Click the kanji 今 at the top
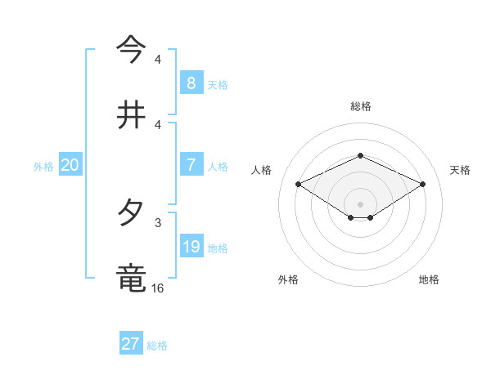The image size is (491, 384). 132,50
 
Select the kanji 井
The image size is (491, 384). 132,114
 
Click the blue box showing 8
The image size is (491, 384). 191,83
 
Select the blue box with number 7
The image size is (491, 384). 191,165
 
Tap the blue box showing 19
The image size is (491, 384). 191,247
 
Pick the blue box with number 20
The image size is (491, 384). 70,165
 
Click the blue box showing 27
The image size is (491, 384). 131,344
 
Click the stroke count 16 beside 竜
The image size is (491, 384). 158,288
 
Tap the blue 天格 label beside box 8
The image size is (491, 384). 218,84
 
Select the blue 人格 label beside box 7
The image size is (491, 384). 218,166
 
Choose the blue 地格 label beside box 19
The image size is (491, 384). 218,248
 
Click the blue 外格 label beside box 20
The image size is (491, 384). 43,166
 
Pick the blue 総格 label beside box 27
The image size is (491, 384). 157,346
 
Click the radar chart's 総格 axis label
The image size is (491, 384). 360,106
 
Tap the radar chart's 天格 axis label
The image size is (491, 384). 460,170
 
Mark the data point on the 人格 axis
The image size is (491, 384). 298,184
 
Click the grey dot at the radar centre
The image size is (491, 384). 360,203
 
